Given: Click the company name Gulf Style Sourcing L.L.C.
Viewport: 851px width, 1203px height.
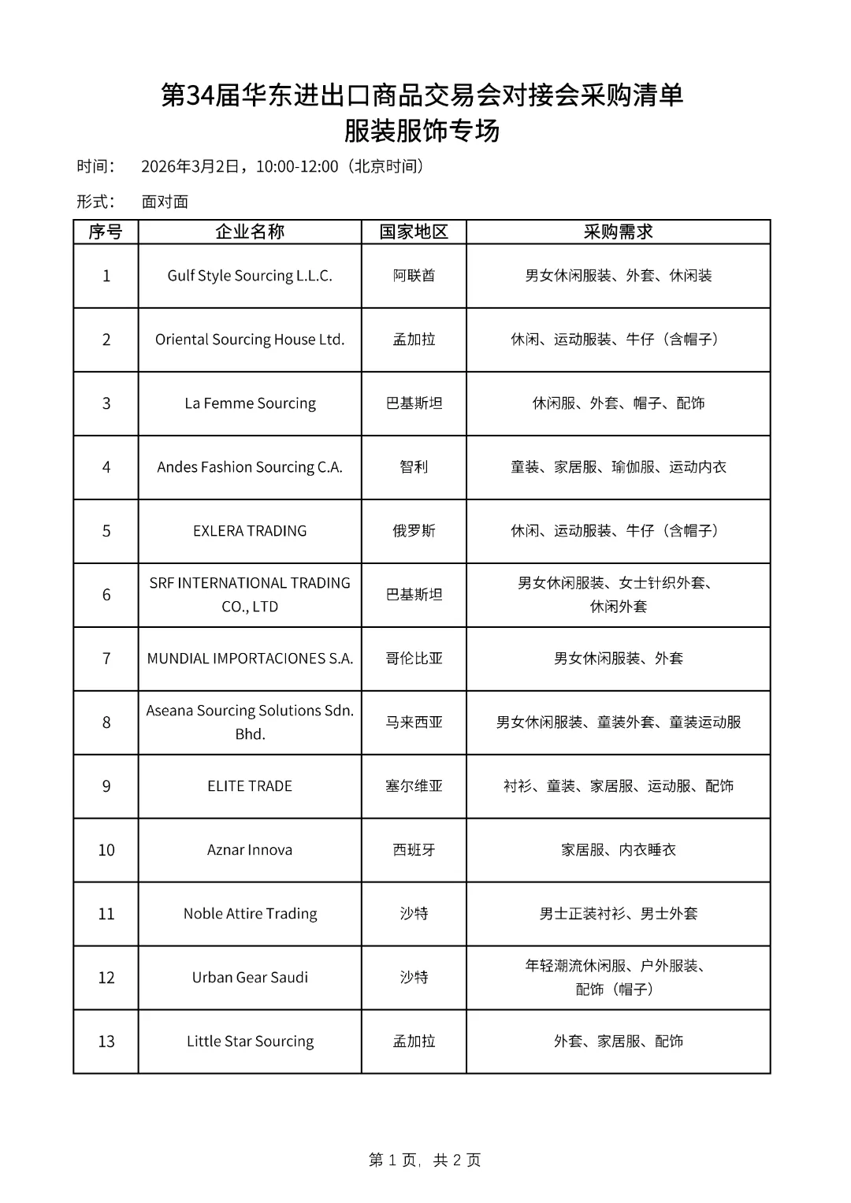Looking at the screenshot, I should (x=250, y=276).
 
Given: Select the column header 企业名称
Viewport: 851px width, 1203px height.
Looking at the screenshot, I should (x=250, y=232).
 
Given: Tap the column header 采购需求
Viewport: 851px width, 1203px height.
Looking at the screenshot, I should (x=618, y=232).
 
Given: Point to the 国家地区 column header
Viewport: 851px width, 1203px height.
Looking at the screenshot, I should (x=414, y=232).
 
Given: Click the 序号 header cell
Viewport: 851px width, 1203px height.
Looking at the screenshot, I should (x=106, y=232).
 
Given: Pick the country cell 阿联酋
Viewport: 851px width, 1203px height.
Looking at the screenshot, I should (x=414, y=276).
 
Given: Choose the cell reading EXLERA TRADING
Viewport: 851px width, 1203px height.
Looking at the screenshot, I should (x=250, y=531).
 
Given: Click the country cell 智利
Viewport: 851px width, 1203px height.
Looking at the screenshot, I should (x=414, y=467).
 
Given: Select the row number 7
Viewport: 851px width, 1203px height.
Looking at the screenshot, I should (x=106, y=659).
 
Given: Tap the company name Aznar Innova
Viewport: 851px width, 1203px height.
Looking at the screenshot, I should (x=250, y=850).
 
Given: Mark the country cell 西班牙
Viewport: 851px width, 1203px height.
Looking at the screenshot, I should (x=414, y=850).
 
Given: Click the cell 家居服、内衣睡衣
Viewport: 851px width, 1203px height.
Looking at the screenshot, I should (x=618, y=850).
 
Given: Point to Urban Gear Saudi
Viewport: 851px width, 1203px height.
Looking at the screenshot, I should (x=250, y=978).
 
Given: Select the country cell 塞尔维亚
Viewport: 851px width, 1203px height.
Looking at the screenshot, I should (x=414, y=786).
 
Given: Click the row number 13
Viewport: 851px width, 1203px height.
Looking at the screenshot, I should (x=106, y=1041).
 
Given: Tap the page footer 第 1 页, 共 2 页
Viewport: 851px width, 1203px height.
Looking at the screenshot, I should (x=425, y=1160).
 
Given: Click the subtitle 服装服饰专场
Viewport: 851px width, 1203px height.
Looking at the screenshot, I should (x=422, y=131).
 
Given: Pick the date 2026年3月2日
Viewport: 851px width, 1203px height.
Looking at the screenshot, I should (x=189, y=166).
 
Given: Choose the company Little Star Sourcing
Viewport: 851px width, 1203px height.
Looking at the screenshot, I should (x=250, y=1041).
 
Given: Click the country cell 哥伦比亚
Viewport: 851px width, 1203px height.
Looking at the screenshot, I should (x=414, y=659).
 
